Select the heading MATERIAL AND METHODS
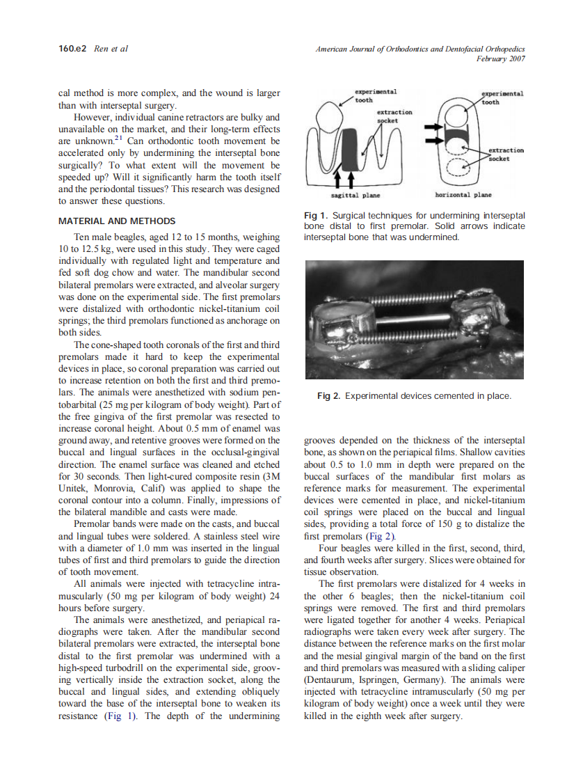[x=115, y=221]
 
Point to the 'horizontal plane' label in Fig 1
[x=463, y=196]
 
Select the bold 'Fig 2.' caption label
[x=329, y=396]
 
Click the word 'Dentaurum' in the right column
[x=330, y=679]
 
